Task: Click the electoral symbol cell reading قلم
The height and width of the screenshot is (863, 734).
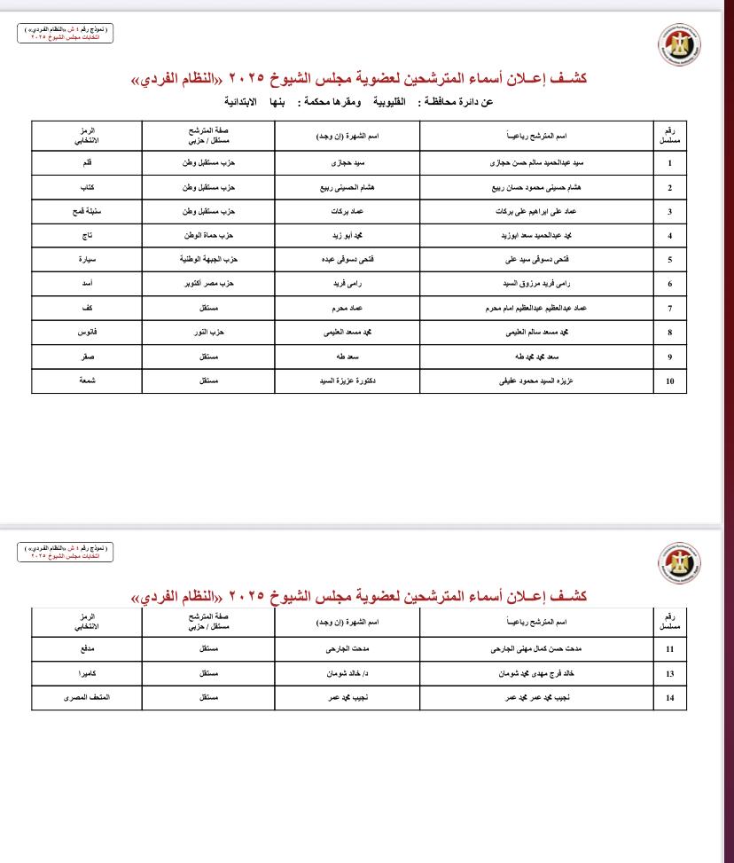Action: pos(87,163)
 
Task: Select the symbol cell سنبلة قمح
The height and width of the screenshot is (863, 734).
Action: pos(87,212)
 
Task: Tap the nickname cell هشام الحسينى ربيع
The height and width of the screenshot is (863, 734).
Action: pos(347,188)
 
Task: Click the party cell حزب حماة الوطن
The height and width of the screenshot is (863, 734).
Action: pos(208,236)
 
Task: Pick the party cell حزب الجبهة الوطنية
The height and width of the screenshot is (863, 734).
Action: pos(208,260)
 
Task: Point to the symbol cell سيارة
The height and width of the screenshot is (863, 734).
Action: pos(87,260)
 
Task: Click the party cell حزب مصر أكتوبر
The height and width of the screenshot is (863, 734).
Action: pos(208,284)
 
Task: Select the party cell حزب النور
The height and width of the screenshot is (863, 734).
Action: pos(208,333)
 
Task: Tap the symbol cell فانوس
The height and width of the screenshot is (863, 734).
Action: pos(87,333)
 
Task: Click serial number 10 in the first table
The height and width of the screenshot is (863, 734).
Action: pos(669,381)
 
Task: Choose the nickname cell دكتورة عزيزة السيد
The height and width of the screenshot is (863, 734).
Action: pos(347,381)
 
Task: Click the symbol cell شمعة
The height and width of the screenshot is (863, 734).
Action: pos(87,381)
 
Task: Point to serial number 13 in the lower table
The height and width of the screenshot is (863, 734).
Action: pos(669,674)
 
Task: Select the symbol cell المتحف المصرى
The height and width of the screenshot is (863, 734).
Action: pos(87,698)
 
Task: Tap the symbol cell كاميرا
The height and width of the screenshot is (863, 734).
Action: pos(87,674)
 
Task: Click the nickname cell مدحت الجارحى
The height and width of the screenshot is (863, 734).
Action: pos(347,649)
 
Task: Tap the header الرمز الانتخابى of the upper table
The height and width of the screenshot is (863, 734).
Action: pos(87,136)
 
